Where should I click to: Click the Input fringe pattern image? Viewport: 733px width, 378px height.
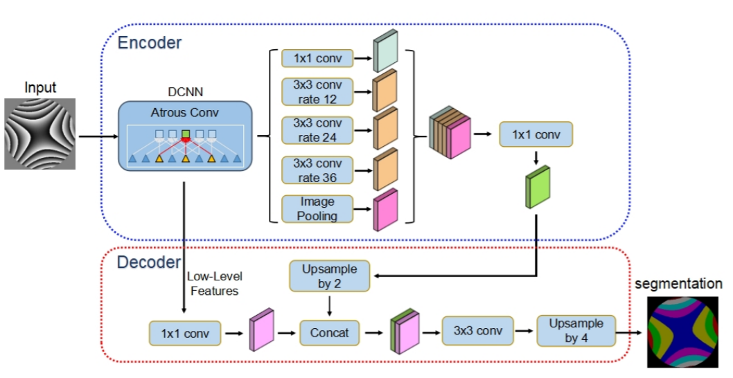[x=40, y=133]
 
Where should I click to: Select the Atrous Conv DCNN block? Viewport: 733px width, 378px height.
[x=184, y=136]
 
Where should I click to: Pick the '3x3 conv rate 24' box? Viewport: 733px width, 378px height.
[x=317, y=130]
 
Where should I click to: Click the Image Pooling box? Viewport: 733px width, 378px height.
[x=317, y=208]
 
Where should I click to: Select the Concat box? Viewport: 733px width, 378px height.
[x=329, y=333]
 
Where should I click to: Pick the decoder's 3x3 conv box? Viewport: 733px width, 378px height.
[x=477, y=331]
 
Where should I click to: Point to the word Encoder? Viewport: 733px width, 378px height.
[x=150, y=43]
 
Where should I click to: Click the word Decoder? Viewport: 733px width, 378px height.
[x=148, y=262]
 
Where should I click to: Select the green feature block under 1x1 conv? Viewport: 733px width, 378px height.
[x=537, y=188]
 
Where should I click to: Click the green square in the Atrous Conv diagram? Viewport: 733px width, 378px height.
[x=185, y=133]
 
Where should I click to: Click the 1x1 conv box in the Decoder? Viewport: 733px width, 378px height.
[x=185, y=333]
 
